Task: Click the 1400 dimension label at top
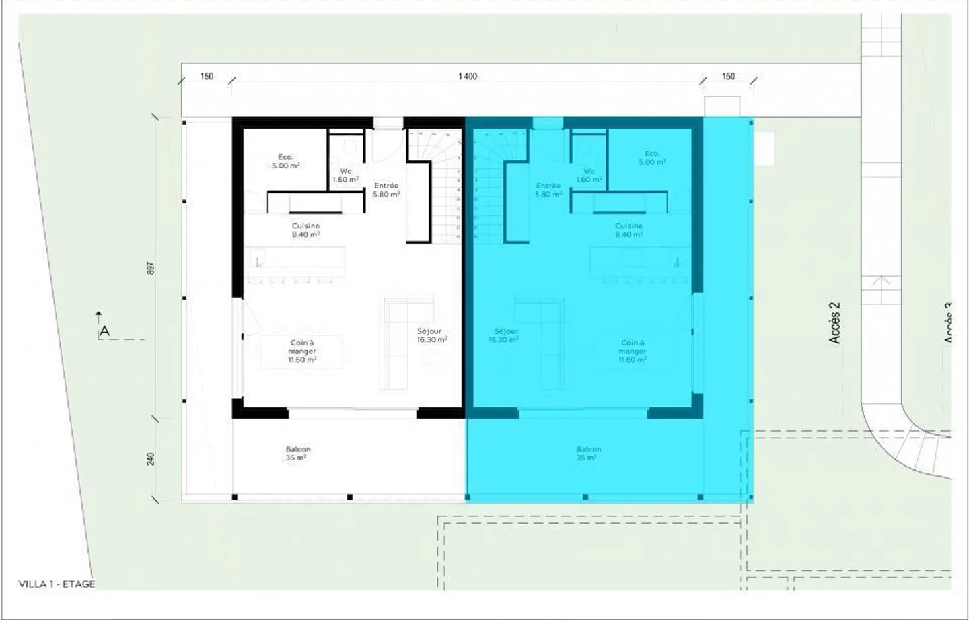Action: (x=468, y=76)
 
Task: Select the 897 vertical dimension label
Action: (x=151, y=267)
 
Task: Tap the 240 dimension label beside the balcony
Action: (x=151, y=458)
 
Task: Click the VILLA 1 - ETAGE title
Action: (x=57, y=584)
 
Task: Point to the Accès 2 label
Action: (x=834, y=323)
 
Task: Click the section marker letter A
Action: (x=104, y=331)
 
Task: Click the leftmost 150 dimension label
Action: (x=207, y=76)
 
